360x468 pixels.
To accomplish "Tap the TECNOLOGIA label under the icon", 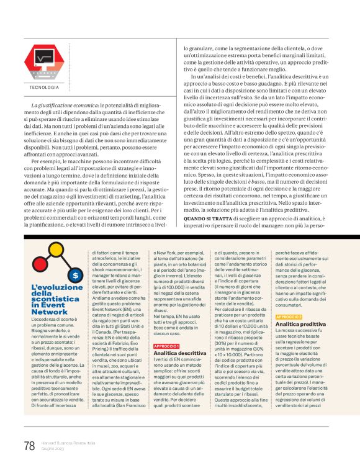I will [x=43, y=88].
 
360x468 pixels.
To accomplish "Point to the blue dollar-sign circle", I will [x=75, y=274].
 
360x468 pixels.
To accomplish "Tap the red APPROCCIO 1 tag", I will [x=166, y=345].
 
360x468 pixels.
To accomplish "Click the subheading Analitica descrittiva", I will [x=179, y=353].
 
